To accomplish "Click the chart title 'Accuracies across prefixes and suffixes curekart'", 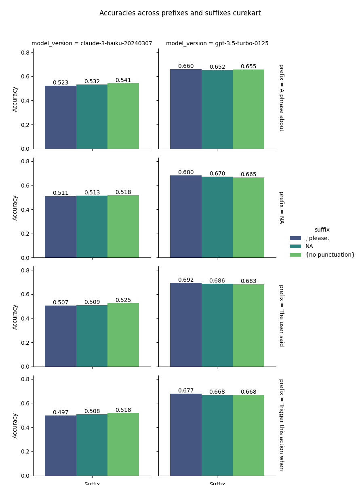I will [x=180, y=13].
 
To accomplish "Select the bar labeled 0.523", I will [x=61, y=117].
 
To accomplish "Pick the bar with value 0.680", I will [x=186, y=217].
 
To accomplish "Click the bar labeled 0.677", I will [x=186, y=434].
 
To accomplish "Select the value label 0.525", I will [x=123, y=300].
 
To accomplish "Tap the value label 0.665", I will [x=248, y=175].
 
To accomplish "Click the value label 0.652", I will [x=217, y=67].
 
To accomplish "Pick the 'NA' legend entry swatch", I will [x=295, y=247].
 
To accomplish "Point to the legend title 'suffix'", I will [x=322, y=230].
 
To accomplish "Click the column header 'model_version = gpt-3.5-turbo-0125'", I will [x=217, y=44].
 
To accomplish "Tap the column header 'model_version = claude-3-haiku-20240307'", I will [x=92, y=44].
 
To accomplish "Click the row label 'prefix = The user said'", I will [x=281, y=316].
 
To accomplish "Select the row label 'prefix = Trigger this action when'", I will [x=281, y=424].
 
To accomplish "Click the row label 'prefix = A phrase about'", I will [x=281, y=98].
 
